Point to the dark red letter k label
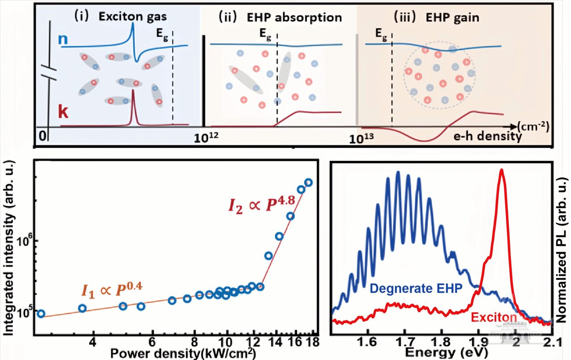(x=64, y=112)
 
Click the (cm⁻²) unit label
(x=534, y=126)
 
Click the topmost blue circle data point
(x=308, y=182)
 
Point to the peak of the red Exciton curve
(x=502, y=170)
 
